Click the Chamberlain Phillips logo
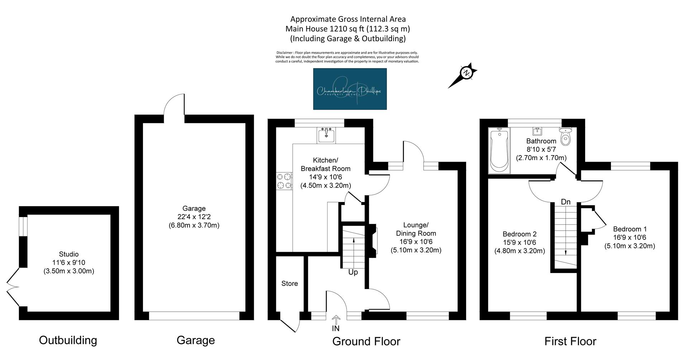click(x=350, y=89)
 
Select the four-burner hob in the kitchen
click(x=284, y=181)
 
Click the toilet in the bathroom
click(x=565, y=136)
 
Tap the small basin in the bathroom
click(x=537, y=131)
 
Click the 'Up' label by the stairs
click(x=353, y=272)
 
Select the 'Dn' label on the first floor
click(x=565, y=202)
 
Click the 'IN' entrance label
click(x=336, y=328)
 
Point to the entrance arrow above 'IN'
click(x=336, y=320)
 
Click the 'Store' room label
click(x=290, y=284)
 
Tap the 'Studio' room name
click(x=69, y=254)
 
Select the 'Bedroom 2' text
click(x=520, y=234)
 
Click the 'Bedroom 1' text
click(x=630, y=229)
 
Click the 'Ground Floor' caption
click(x=366, y=341)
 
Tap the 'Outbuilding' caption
click(x=68, y=340)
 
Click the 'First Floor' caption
click(x=570, y=341)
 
